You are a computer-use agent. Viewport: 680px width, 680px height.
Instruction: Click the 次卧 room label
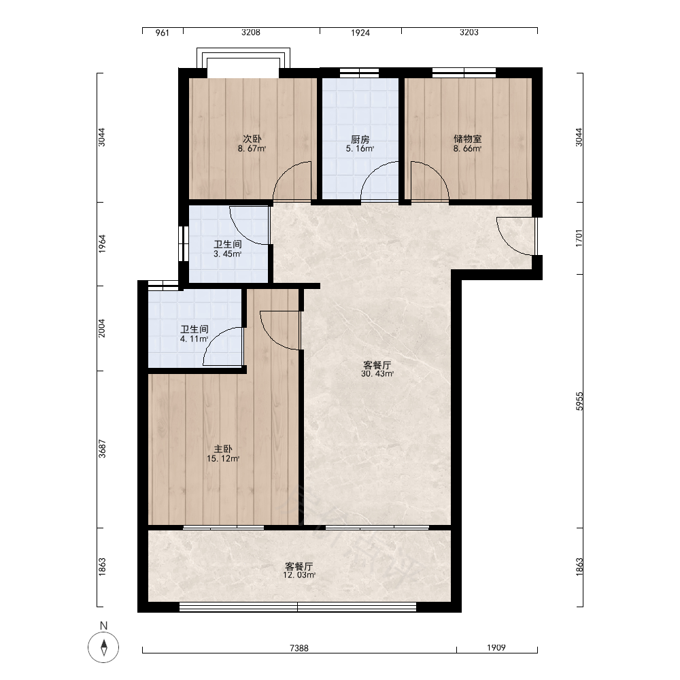252,139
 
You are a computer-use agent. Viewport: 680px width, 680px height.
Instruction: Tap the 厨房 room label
360,139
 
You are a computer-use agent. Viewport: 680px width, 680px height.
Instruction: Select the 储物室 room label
468,139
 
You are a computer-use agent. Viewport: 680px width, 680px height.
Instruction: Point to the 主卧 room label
223,449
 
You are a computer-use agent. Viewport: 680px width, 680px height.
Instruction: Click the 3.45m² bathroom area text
228,254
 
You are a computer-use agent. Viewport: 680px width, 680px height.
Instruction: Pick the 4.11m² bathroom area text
194,339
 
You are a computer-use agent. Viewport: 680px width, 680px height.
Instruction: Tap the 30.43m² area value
377,374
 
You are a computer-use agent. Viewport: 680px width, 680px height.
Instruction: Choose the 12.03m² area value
299,575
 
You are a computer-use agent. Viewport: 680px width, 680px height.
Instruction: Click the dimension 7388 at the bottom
299,648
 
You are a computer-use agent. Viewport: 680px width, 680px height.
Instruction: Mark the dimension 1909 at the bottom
496,648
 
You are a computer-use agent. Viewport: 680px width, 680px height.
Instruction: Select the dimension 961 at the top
163,33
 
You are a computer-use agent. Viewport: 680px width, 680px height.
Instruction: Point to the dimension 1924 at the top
360,33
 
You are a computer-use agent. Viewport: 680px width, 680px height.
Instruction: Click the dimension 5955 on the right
579,401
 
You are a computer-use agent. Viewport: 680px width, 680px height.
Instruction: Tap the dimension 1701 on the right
579,238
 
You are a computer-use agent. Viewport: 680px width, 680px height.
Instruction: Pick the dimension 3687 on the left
102,449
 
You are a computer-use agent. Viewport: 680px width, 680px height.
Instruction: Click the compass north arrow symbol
103,647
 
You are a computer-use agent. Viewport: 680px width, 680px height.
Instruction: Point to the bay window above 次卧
243,58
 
